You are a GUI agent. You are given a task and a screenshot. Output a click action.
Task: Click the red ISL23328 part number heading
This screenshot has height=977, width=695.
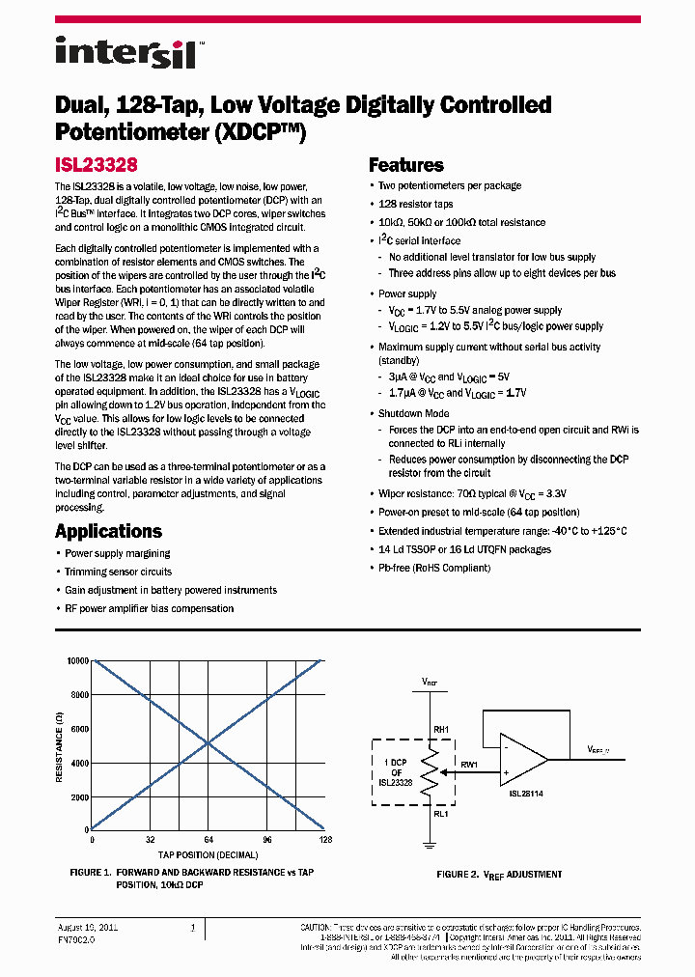pyautogui.click(x=97, y=165)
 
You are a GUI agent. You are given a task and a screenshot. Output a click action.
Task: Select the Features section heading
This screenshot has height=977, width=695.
pyautogui.click(x=406, y=165)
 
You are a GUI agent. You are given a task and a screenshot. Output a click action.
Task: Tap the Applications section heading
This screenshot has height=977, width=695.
pyautogui.click(x=108, y=531)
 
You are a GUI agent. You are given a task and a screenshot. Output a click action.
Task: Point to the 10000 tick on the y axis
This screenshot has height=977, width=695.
pyautogui.click(x=76, y=660)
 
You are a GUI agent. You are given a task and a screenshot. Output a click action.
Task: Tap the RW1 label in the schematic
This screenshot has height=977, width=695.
pyautogui.click(x=470, y=765)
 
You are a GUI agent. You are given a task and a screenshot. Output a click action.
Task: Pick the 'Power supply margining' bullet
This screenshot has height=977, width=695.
pyautogui.click(x=117, y=553)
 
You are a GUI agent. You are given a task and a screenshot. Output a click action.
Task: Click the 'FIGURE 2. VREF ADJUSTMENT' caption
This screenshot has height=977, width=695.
pyautogui.click(x=499, y=874)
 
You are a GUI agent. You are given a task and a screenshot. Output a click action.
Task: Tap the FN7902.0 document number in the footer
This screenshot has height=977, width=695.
pyautogui.click(x=76, y=937)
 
